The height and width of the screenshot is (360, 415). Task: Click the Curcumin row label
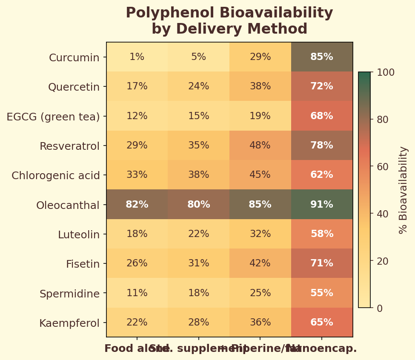74,57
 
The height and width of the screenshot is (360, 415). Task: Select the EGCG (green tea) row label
53,117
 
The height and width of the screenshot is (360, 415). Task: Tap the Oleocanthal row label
68,206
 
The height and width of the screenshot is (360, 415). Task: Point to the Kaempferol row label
69,323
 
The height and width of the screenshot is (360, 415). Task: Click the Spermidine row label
69,294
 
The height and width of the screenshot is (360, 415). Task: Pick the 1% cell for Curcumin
137,57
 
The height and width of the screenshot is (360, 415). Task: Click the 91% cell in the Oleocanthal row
322,205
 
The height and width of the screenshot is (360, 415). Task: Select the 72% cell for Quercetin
322,86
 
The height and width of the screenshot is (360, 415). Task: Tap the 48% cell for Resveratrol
260,146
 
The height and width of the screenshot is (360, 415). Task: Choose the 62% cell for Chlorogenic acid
322,175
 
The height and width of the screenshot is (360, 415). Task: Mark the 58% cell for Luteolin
322,234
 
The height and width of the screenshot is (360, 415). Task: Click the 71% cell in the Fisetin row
322,263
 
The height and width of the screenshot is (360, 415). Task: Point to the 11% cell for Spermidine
137,293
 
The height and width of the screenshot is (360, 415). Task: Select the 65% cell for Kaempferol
322,323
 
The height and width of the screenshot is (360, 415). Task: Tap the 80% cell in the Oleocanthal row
199,205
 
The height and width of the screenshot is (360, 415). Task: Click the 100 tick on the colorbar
386,72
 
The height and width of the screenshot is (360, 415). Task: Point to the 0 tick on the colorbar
380,308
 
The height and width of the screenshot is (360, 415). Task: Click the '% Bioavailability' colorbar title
403,190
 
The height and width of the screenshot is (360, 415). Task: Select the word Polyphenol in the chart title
165,13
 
